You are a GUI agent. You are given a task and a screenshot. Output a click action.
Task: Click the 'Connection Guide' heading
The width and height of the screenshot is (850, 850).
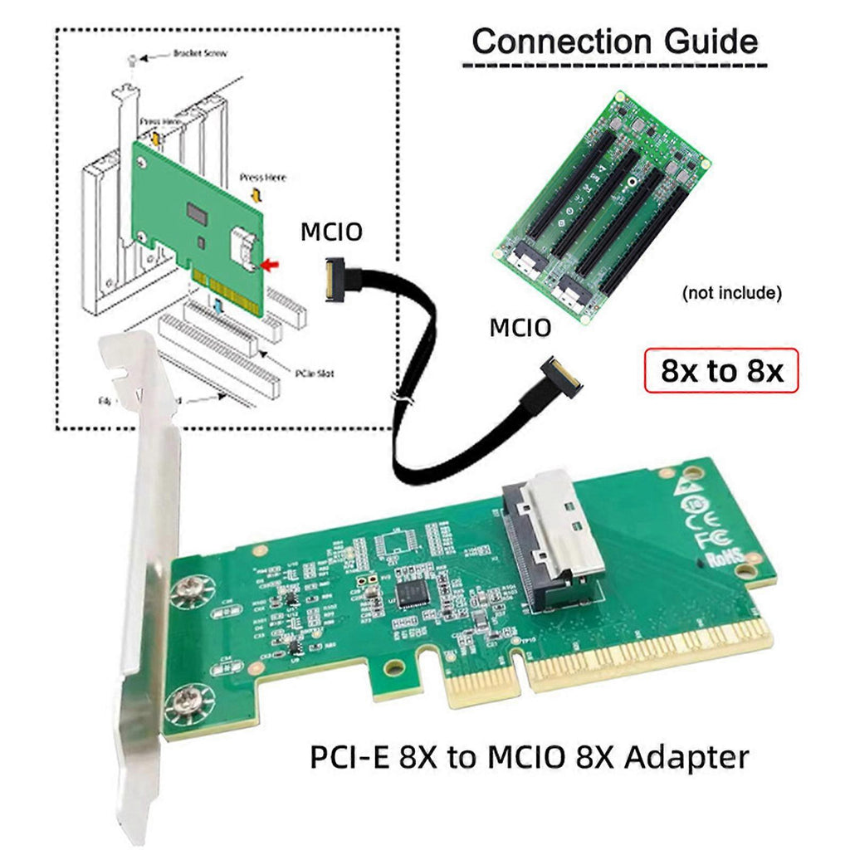614,41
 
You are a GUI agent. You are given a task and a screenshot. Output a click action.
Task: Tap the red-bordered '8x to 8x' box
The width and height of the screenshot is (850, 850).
721,370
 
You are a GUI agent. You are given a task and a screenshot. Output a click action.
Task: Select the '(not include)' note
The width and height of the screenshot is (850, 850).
731,293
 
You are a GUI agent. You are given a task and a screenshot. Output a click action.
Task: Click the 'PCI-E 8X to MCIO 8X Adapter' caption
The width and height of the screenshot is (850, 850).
529,756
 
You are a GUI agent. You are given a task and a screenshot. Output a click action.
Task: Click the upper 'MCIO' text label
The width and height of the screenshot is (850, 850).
331,232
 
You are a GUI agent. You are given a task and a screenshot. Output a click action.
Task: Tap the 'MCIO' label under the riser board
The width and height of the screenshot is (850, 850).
520,328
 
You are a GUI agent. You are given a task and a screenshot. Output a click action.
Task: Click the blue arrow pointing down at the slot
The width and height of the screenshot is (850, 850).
217,307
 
